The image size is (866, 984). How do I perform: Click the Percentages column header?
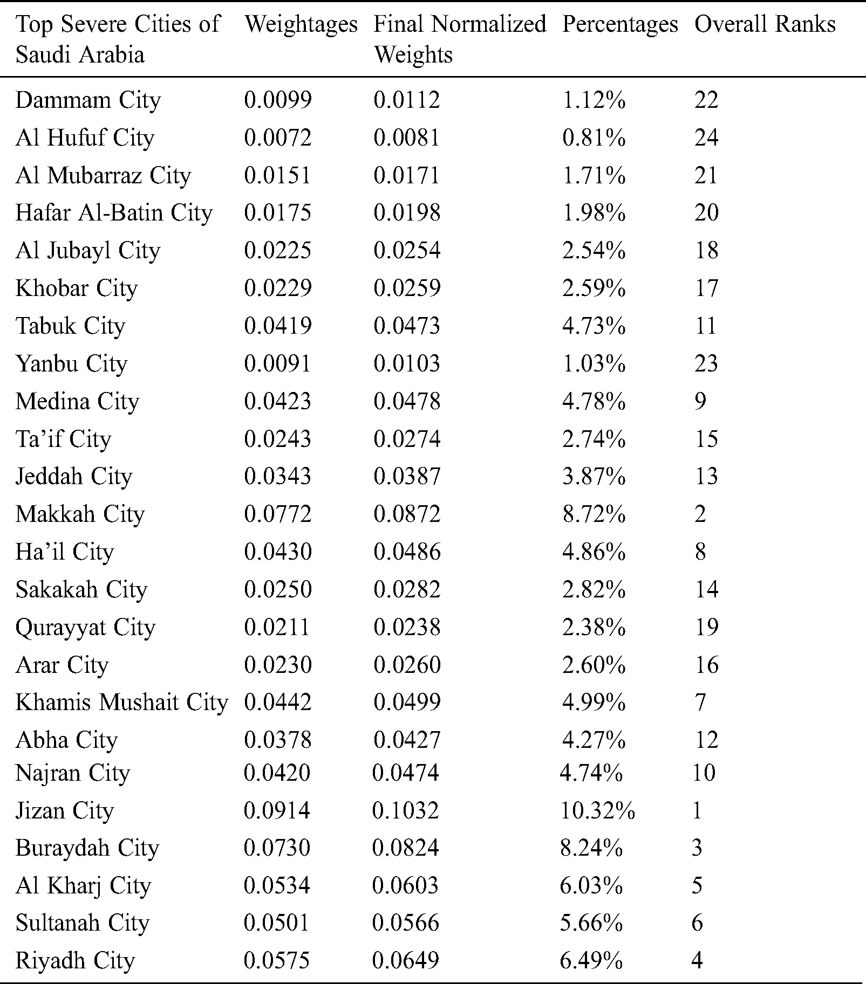click(619, 24)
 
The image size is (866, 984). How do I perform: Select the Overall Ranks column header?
click(765, 24)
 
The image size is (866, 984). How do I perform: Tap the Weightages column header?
click(301, 24)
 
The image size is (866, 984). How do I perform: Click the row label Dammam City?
click(88, 100)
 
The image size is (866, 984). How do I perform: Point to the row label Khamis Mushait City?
click(121, 703)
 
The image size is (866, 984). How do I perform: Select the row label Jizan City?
click(65, 810)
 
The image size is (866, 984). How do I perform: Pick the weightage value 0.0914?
click(277, 810)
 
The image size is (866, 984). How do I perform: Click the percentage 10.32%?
click(597, 810)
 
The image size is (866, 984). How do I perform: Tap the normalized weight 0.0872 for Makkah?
click(407, 514)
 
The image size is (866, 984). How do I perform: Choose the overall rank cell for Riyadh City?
click(697, 960)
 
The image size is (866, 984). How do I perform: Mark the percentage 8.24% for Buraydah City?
click(591, 848)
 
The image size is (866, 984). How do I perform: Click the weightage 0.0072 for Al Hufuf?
click(277, 138)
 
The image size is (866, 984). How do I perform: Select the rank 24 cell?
click(706, 138)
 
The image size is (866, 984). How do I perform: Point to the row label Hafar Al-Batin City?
click(114, 213)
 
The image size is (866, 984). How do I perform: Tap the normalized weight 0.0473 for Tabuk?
click(407, 326)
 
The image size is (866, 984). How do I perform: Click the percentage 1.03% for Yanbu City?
click(594, 363)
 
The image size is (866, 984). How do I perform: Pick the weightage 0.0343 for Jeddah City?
click(277, 476)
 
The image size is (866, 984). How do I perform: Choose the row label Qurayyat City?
click(85, 627)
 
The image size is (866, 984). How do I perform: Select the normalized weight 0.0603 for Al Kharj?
click(405, 885)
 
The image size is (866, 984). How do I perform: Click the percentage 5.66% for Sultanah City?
click(591, 923)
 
